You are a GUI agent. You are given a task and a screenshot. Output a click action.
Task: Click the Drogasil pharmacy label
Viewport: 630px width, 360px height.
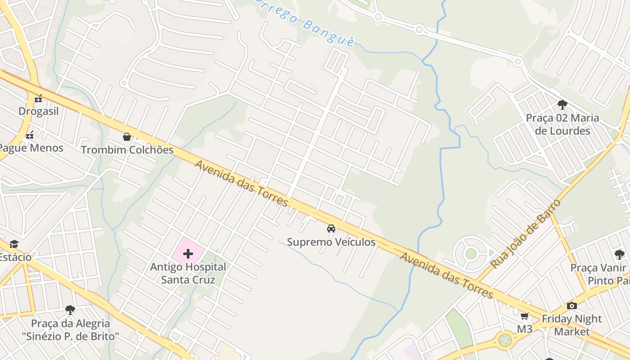[39, 111]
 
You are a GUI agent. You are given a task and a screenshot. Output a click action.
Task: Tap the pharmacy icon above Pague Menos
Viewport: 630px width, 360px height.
[30, 135]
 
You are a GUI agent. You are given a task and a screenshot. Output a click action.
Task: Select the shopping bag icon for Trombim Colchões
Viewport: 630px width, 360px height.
[127, 137]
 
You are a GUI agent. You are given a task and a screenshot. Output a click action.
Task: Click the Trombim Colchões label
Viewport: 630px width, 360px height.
[127, 150]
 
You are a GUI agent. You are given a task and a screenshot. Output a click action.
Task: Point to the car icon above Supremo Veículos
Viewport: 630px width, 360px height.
[331, 229]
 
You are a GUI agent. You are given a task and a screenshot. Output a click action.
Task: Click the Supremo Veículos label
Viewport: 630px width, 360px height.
[331, 242]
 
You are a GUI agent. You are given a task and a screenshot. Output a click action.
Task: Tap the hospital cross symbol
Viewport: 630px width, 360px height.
[188, 254]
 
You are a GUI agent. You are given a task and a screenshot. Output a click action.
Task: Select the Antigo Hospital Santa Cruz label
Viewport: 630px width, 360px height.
[188, 273]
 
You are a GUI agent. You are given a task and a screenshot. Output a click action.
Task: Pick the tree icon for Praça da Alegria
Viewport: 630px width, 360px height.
[70, 310]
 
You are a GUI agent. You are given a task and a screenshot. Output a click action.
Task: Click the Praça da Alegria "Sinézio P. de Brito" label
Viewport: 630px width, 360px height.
[71, 329]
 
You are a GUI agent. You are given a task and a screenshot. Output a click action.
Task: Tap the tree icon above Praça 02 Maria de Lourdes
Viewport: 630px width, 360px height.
[562, 105]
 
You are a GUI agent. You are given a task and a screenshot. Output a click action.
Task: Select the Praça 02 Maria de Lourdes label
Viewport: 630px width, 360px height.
[562, 124]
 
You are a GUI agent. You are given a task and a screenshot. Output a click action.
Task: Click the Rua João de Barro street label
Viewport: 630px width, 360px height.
[525, 234]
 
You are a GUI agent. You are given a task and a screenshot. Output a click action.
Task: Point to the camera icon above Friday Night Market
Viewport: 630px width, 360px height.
[572, 306]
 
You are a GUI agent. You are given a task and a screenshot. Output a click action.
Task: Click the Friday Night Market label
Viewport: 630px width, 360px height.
[571, 325]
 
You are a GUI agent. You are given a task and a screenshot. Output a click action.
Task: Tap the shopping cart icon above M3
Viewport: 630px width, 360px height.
[524, 316]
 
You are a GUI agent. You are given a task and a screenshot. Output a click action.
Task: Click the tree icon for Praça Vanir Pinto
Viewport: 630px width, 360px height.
[620, 254]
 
